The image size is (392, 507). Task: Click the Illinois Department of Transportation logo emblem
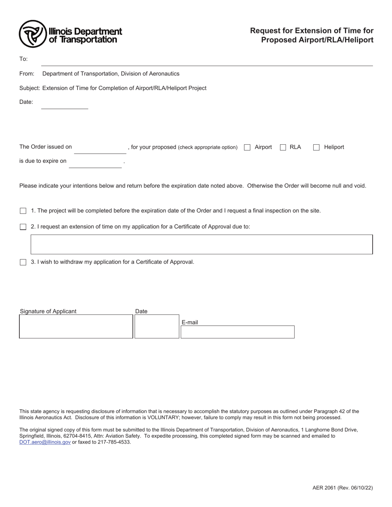click(x=33, y=34)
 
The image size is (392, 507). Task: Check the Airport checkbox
click(x=247, y=148)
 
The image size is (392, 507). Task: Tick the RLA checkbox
click(x=283, y=148)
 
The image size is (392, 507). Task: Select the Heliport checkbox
click(x=316, y=148)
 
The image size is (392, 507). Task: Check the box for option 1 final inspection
click(x=23, y=211)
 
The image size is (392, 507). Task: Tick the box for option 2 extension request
click(x=23, y=227)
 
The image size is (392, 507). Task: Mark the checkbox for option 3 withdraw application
click(x=23, y=263)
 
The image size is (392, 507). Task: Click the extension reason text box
click(x=201, y=244)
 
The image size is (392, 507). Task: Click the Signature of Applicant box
click(x=76, y=326)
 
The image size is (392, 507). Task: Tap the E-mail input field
click(x=237, y=332)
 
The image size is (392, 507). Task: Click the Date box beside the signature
click(x=157, y=326)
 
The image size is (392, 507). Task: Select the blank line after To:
click(x=206, y=61)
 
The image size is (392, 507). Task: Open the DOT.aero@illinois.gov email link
click(x=45, y=442)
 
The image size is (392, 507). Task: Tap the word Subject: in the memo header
click(x=30, y=88)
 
